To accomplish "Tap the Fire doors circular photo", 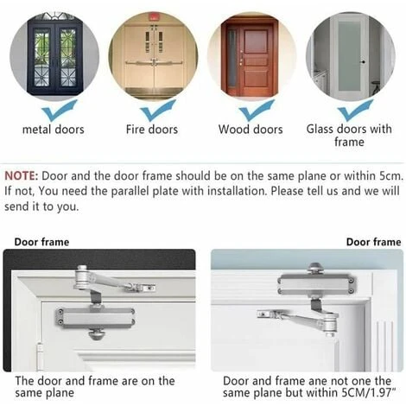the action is click(153, 56).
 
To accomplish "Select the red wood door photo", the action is click(251, 56).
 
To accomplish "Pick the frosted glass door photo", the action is click(351, 56).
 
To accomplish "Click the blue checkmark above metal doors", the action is click(60, 111).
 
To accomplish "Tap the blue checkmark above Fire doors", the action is click(158, 111).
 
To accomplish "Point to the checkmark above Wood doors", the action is click(257, 111).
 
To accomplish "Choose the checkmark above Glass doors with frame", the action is click(355, 111).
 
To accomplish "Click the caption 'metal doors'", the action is click(54, 130).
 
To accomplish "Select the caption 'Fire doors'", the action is click(152, 130).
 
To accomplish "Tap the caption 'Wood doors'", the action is click(251, 130).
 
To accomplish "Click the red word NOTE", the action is click(21, 175).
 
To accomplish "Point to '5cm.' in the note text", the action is click(391, 175).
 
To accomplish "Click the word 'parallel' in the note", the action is click(130, 191).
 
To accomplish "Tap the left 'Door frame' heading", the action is click(41, 242).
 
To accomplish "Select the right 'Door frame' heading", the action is click(373, 242).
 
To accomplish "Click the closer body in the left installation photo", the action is click(95, 318).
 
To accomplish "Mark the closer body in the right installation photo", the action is click(316, 284).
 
